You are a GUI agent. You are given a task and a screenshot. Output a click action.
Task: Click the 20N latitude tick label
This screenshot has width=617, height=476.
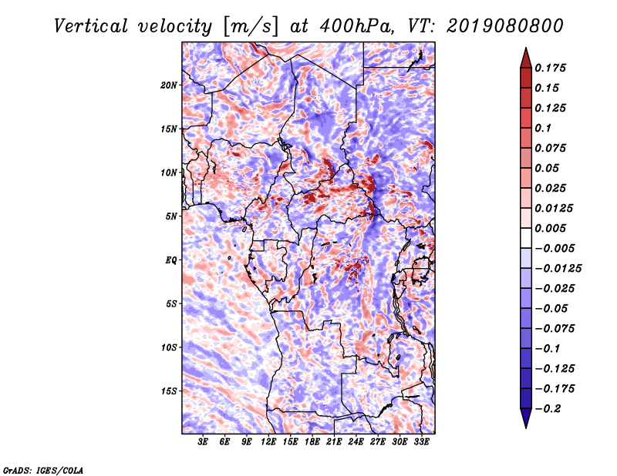coord(169,85)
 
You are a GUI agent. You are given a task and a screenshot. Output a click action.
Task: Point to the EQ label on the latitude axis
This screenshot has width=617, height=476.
coord(171,260)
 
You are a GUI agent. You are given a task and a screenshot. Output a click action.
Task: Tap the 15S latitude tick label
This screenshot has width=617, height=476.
coord(169,391)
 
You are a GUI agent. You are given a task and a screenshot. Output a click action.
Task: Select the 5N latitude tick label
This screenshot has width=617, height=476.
coord(171,216)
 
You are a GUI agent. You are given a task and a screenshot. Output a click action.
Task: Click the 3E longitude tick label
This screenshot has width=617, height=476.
coord(203,442)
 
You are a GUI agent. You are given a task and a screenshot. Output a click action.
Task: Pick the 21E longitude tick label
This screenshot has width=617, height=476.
coord(334,442)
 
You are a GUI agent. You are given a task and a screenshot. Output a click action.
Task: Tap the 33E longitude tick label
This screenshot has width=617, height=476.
coord(421,442)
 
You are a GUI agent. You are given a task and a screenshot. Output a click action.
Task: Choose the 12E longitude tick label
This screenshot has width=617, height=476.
coord(268,442)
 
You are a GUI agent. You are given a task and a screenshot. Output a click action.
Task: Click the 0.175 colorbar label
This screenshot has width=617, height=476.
coord(550,68)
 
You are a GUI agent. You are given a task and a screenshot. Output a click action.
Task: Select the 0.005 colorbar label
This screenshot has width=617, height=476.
coord(550,228)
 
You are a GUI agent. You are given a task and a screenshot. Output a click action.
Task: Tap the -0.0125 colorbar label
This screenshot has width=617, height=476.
coord(558,269)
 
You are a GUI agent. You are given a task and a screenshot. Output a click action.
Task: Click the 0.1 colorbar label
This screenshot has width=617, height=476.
coord(543,128)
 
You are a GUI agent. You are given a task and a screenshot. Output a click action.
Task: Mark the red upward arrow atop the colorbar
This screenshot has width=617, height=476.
coord(526,59)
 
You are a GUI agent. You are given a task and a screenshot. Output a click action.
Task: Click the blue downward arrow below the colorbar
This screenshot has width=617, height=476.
coord(526,418)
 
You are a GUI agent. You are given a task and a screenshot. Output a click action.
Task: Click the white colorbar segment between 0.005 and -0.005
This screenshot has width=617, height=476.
coord(526,238)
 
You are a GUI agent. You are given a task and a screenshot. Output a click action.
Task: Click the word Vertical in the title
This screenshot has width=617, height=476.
coord(91,26)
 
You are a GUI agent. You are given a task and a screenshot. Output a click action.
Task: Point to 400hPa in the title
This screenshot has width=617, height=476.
coord(356,26)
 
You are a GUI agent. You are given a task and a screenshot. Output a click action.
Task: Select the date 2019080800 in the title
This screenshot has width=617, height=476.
coord(505,26)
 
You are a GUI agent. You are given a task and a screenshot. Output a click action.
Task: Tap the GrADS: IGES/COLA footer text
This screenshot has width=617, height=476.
coord(43,471)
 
